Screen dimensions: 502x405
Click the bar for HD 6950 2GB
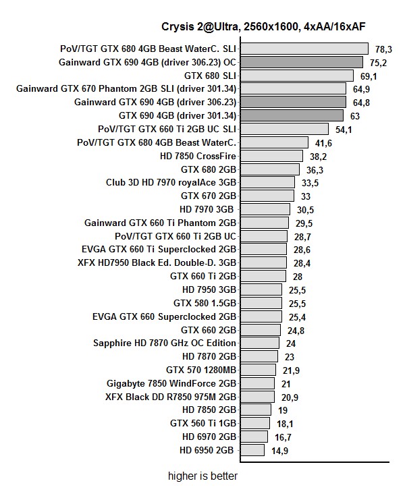[x=252, y=450]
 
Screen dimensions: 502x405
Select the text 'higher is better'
[x=203, y=476]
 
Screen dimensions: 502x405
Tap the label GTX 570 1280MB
[x=201, y=370]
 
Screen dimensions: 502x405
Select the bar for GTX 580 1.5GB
[x=261, y=303]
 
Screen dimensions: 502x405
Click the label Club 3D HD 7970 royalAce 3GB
[x=171, y=182]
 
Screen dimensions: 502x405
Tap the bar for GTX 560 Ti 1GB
[x=254, y=423]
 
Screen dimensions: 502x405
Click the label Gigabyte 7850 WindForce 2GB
[x=171, y=383]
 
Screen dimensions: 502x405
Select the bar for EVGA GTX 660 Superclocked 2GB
[x=261, y=316]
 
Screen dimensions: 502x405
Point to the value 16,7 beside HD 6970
[x=283, y=437]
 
